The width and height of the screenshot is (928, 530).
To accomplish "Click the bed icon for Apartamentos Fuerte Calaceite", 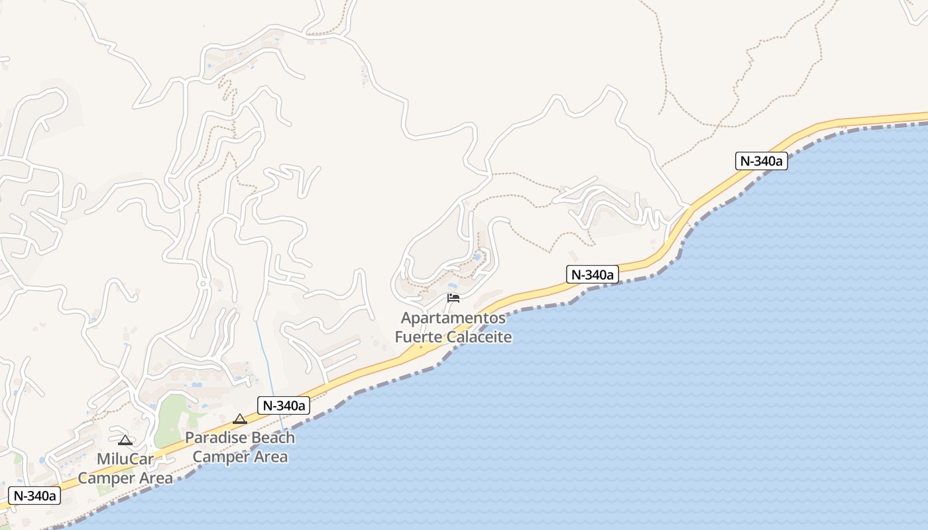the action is [x=453, y=298].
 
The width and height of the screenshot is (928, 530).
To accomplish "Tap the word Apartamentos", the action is [x=453, y=318].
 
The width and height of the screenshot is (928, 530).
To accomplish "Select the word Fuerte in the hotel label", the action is [x=419, y=337].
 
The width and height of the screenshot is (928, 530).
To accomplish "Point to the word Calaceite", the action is [x=479, y=337].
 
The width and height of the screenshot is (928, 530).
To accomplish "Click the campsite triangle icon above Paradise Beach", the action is [x=240, y=419].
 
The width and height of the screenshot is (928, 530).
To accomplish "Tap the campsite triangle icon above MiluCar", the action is [x=125, y=440].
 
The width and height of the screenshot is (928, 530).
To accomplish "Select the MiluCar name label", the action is [x=125, y=459].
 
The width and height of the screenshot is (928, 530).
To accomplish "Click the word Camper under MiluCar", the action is [x=105, y=478].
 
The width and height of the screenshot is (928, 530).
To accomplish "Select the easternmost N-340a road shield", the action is [x=762, y=161].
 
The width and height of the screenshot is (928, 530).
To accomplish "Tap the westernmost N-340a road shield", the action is [x=34, y=496].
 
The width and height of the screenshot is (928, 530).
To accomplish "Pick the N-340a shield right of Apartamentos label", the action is [x=593, y=274].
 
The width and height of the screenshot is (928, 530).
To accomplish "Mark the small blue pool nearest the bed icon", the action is [x=477, y=257].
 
